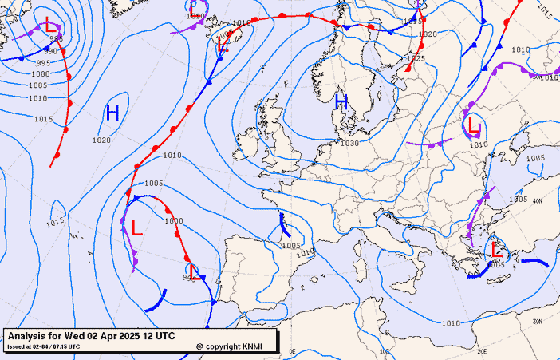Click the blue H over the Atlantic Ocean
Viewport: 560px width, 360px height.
coord(112,113)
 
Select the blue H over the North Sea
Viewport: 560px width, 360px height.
coord(341,101)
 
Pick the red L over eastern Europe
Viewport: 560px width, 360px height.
coord(474,125)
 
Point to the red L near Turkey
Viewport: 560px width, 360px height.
coord(496,249)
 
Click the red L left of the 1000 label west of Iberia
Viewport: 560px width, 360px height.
coord(137,228)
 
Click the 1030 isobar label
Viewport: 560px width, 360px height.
coord(349,143)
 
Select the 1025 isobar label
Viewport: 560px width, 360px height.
coord(416,58)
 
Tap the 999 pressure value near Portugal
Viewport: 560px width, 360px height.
coord(189,278)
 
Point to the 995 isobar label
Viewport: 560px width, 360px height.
coord(43,63)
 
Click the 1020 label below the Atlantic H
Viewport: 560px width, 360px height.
coord(101,140)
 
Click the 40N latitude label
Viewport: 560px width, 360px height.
coord(537,201)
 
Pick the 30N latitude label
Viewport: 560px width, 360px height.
coord(537,321)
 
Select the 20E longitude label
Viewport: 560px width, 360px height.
coord(481,351)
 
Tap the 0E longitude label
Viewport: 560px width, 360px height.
coord(292,351)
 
